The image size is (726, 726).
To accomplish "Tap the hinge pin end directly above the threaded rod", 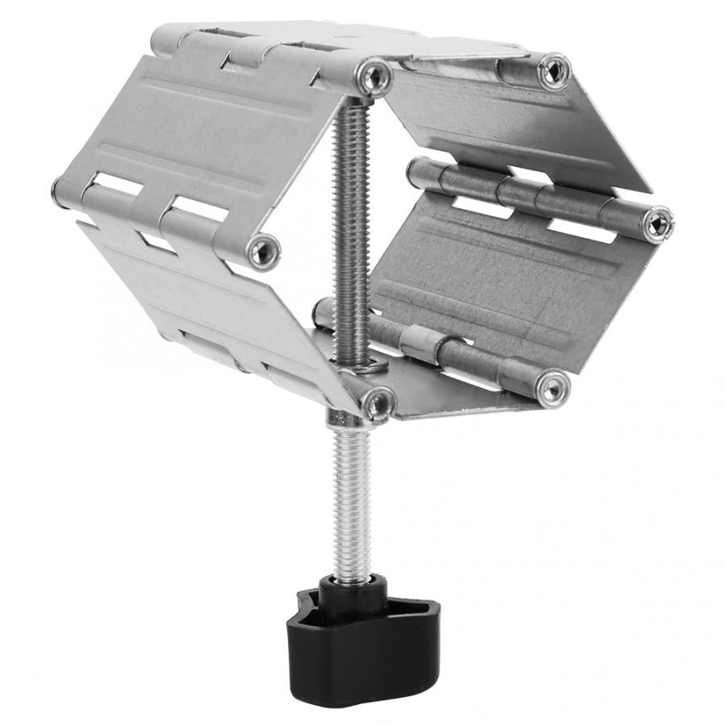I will [373, 77].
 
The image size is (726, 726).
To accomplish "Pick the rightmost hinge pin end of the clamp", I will [657, 223].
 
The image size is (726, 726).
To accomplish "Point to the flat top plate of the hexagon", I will [339, 40].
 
